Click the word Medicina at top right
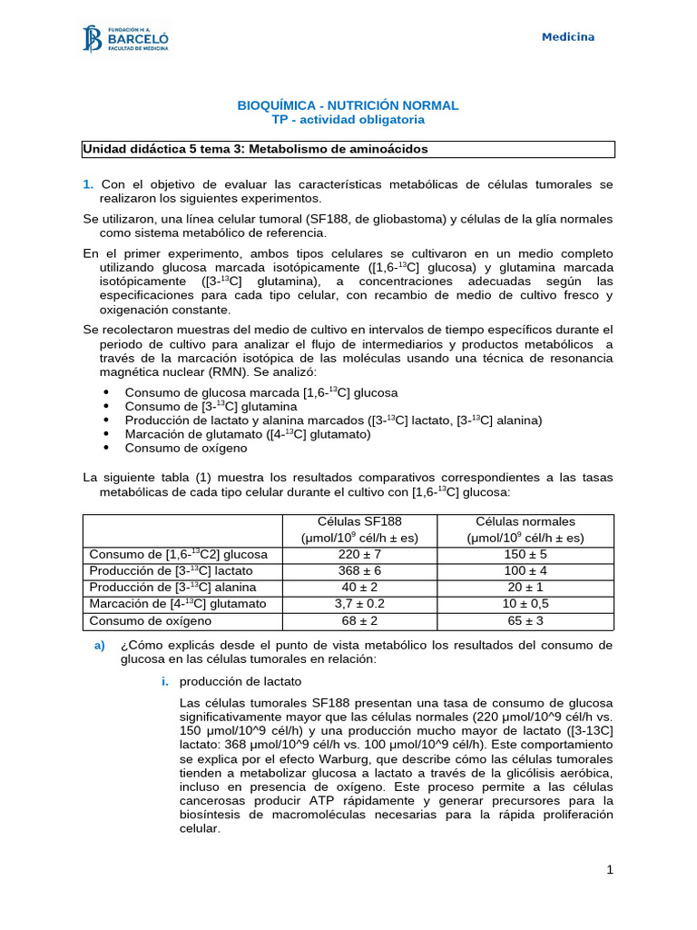coord(568,37)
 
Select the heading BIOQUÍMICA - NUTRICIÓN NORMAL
coord(348,106)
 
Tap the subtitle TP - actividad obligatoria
coord(348,120)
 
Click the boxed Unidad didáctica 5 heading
coord(255,149)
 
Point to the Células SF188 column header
coord(359,529)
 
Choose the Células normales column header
coord(525,529)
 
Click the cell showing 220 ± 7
coord(359,554)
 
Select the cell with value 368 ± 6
coord(359,571)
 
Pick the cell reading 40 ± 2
coord(359,588)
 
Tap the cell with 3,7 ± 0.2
coord(359,604)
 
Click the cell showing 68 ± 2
coord(359,621)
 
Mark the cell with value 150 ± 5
coord(525,554)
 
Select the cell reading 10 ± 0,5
coord(525,604)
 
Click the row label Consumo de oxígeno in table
coord(150,621)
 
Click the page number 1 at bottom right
coord(610,870)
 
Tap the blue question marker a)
coord(100,645)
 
